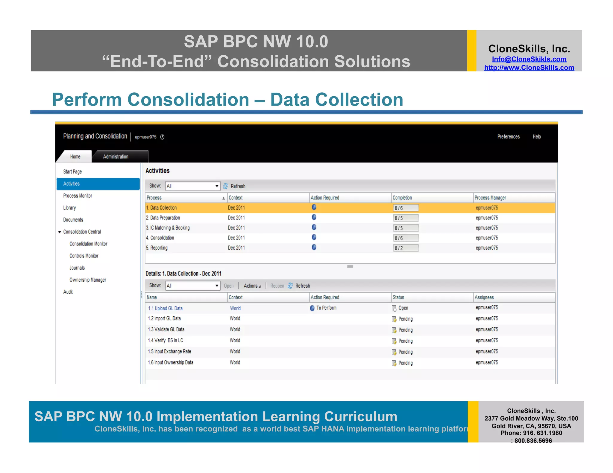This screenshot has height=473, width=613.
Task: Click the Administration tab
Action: [116, 157]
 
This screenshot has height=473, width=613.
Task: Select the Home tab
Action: [75, 157]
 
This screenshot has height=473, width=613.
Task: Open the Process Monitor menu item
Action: [78, 196]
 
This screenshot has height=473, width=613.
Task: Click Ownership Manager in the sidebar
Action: [88, 280]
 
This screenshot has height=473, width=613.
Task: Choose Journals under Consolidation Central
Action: [77, 268]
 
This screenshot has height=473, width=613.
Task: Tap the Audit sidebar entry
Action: [68, 292]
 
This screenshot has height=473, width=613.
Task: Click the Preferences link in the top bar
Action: [508, 137]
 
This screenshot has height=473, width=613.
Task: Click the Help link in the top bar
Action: [537, 137]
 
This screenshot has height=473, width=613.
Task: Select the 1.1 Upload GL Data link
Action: [165, 308]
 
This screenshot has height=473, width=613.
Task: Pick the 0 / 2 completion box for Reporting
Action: [406, 248]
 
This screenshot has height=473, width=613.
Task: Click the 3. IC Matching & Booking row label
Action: [168, 228]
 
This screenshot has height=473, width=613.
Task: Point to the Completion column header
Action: [402, 198]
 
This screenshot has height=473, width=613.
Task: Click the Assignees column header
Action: [484, 297]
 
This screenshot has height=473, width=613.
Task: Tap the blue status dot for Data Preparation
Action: [314, 217]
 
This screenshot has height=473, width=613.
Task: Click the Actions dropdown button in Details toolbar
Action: [252, 286]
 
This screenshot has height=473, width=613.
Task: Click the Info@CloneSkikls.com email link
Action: [529, 59]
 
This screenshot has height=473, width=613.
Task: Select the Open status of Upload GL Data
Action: [403, 308]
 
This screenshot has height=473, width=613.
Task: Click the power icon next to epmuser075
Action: [162, 137]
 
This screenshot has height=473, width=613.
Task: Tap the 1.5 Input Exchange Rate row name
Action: [169, 352]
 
